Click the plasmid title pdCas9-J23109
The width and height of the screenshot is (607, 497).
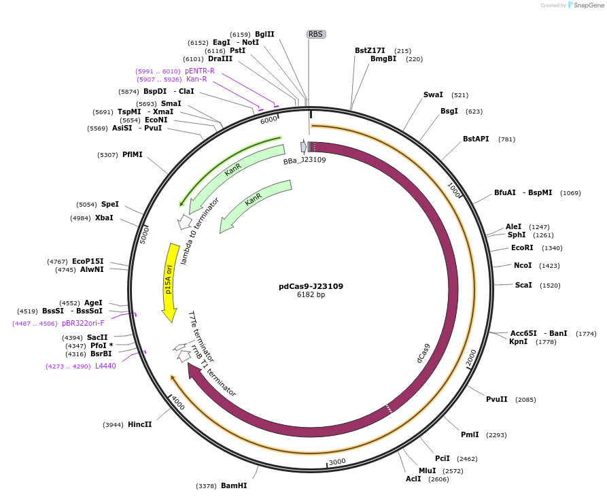pyautogui.click(x=311, y=286)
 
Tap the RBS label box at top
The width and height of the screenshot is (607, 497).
pyautogui.click(x=315, y=34)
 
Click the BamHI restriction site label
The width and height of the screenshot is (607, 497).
pyautogui.click(x=234, y=485)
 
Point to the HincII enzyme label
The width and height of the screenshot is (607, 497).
pyautogui.click(x=139, y=424)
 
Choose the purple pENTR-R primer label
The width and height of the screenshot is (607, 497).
pyautogui.click(x=200, y=71)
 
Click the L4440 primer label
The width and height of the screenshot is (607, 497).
pyautogui.click(x=105, y=366)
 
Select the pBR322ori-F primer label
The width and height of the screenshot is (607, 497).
pyautogui.click(x=83, y=324)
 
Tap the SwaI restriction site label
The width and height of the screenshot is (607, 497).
pyautogui.click(x=433, y=95)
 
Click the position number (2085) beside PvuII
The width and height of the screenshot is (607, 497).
pyautogui.click(x=525, y=400)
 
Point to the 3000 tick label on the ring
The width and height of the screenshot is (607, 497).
pyautogui.click(x=337, y=462)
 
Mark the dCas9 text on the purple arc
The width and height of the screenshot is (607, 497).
pyautogui.click(x=423, y=353)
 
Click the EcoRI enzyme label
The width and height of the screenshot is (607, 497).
pyautogui.click(x=522, y=247)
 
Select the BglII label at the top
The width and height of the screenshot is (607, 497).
pyautogui.click(x=264, y=34)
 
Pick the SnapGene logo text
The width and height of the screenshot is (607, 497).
pyautogui.click(x=589, y=5)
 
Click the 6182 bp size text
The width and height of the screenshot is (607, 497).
pyautogui.click(x=311, y=295)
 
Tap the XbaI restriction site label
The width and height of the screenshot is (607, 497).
pyautogui.click(x=104, y=218)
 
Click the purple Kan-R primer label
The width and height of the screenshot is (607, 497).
pyautogui.click(x=196, y=80)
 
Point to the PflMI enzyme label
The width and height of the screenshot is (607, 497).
pyautogui.click(x=133, y=154)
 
